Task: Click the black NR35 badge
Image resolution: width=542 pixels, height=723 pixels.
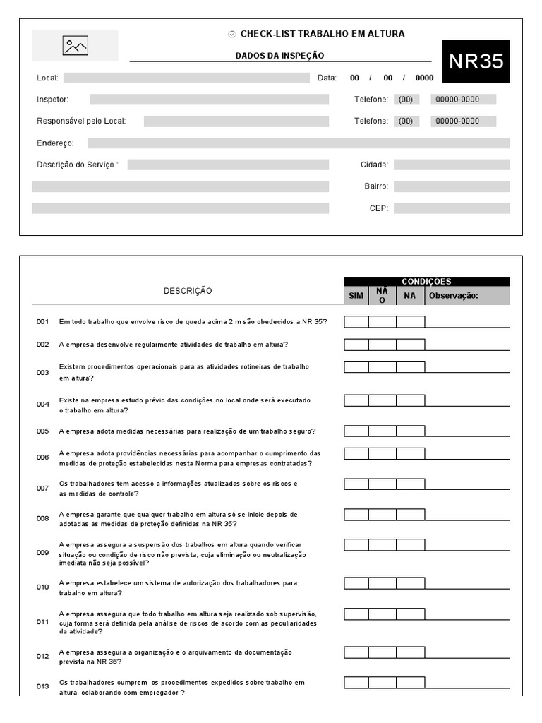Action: pos(476,61)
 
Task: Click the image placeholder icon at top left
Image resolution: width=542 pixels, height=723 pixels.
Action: pos(76,46)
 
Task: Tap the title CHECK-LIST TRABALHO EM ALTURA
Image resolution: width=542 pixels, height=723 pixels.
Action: pos(323,34)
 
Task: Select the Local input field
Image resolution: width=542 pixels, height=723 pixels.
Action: pos(186,78)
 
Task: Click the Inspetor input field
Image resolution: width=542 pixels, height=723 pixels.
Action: pos(209,100)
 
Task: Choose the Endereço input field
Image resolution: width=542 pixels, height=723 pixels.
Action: pos(298,143)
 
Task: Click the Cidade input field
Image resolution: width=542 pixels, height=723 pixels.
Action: pos(451,165)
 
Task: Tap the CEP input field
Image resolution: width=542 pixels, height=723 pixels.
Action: pos(451,208)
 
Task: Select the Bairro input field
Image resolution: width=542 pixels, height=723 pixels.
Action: pos(451,186)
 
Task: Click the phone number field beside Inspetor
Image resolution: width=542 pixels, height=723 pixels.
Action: pos(463,100)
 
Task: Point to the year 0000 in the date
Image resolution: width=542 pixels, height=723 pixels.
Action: pos(424,78)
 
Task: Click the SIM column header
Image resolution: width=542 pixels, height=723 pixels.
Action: pos(356,296)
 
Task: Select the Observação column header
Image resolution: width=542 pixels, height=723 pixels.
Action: pos(466,296)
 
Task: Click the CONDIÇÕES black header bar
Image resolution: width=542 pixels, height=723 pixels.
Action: pos(426,281)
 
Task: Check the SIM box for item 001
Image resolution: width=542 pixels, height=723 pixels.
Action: pos(356,322)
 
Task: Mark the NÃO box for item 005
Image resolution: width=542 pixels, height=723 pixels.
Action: pos(382,431)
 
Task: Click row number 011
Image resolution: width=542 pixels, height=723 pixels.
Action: pos(43,622)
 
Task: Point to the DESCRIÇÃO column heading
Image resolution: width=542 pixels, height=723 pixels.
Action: pos(188,291)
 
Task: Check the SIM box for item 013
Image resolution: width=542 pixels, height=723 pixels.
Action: pos(356,682)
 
